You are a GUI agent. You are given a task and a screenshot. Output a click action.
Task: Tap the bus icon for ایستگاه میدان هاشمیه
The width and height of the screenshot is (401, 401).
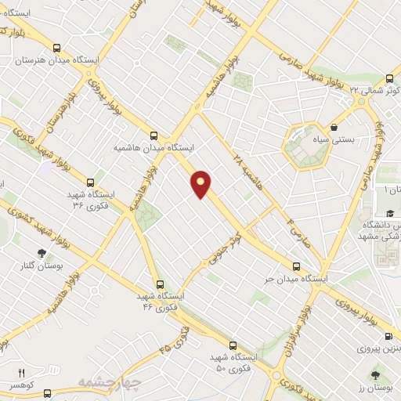154,135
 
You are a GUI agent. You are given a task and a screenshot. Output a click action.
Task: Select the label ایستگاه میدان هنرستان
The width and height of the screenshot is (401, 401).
49,60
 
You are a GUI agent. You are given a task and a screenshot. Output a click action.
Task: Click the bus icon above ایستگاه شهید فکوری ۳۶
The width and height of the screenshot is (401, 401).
90,182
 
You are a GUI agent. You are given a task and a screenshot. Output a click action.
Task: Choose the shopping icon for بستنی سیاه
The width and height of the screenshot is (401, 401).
334,127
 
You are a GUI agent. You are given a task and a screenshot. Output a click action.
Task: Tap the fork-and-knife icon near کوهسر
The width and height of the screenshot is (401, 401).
22,373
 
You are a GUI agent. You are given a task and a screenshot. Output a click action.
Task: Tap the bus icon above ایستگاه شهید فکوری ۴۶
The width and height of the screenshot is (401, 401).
160,285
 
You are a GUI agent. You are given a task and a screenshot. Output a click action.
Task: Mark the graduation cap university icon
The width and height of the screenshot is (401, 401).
388,213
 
